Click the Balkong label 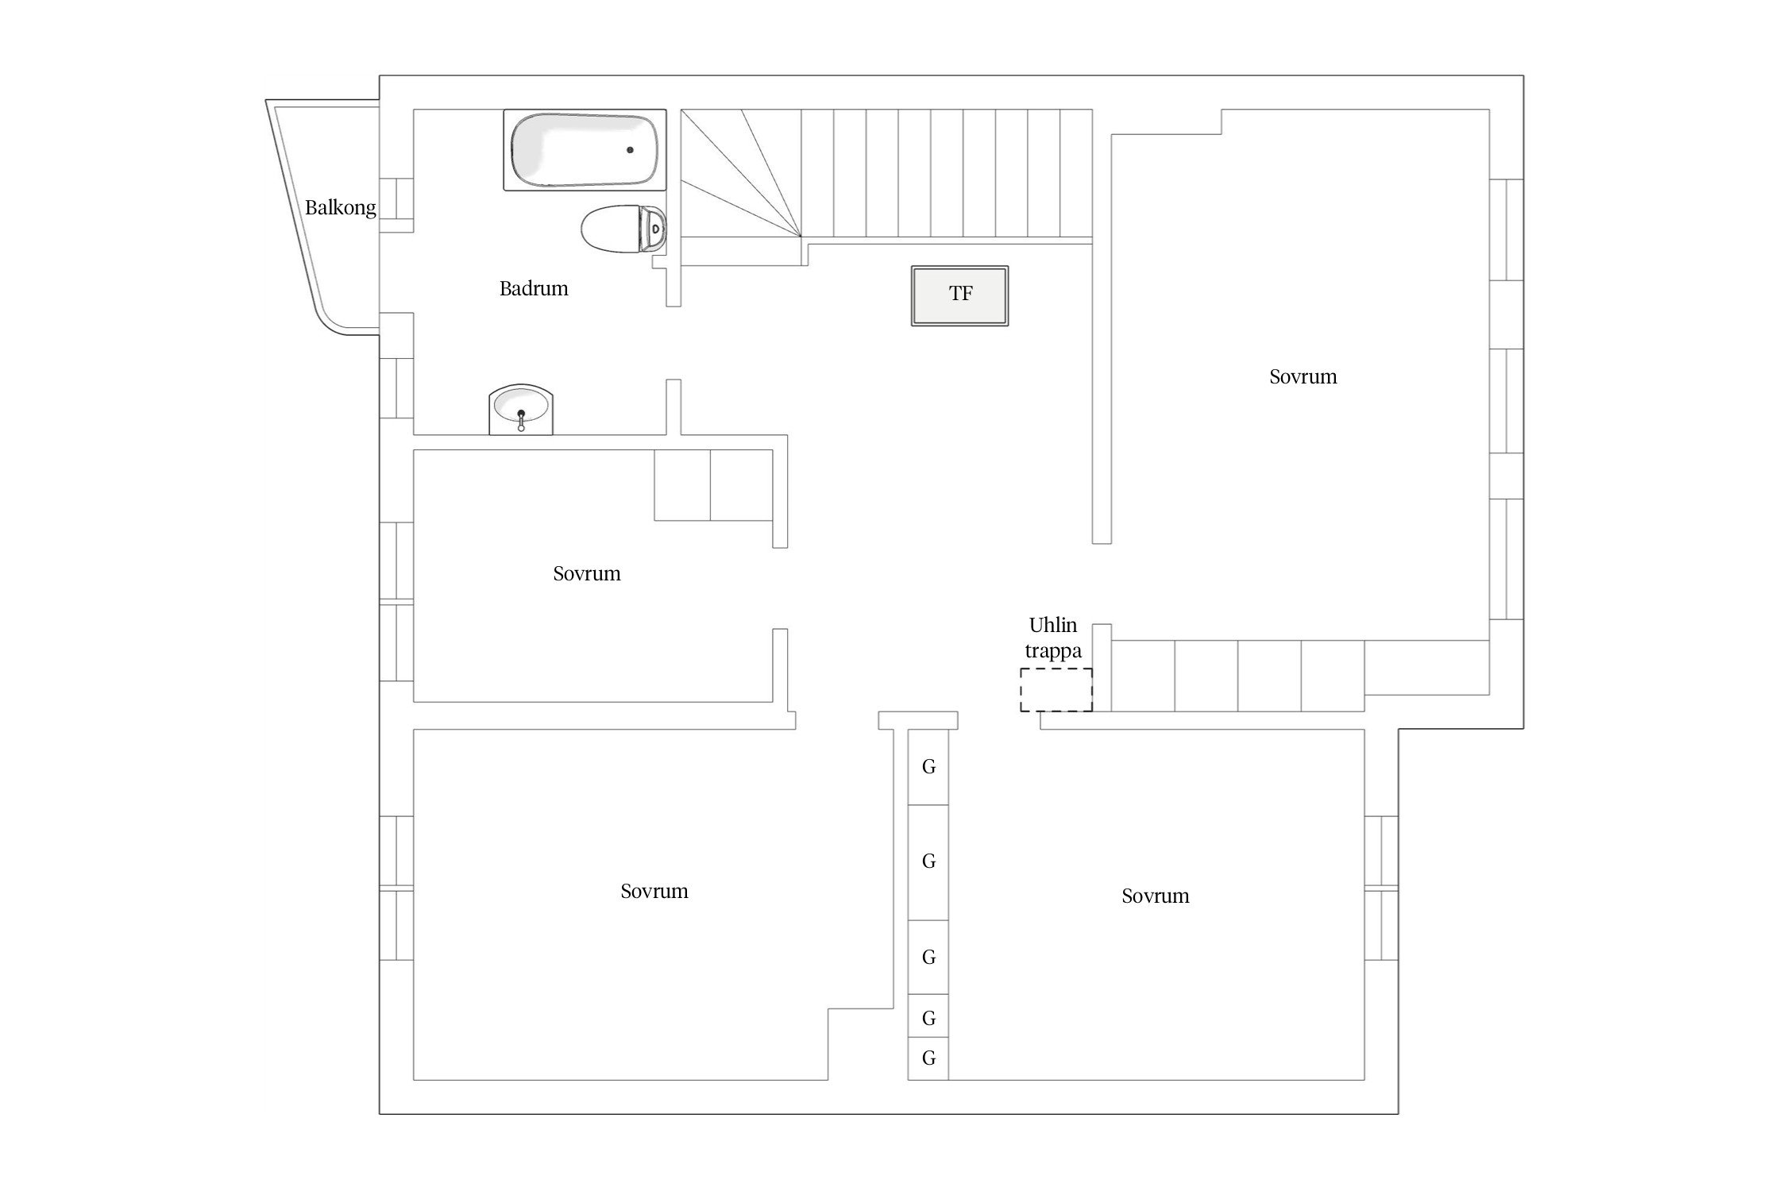(340, 208)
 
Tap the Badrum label (534, 288)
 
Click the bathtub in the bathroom (585, 150)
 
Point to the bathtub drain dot (631, 149)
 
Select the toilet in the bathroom (623, 229)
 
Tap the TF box (959, 295)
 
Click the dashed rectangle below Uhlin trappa (1056, 690)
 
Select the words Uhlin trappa (1053, 638)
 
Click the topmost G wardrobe (928, 767)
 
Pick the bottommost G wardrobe (928, 1058)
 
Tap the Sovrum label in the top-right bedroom (1303, 376)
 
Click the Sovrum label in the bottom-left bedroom (654, 891)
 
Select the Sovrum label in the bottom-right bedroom (1156, 896)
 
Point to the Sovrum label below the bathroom (587, 573)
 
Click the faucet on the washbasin (521, 420)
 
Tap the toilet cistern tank (654, 229)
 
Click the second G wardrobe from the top (928, 862)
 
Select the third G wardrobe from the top (928, 958)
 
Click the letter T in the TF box (955, 294)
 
